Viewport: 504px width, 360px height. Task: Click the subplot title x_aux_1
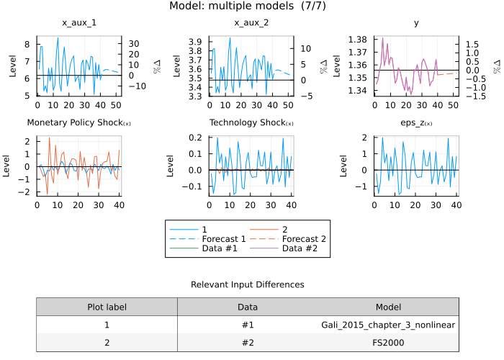79,23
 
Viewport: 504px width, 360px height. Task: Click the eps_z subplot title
415,122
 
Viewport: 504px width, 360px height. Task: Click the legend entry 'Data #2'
298,249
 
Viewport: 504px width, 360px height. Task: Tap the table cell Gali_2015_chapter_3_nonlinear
388,325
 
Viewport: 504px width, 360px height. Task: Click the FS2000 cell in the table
388,343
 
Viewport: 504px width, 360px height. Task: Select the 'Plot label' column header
107,307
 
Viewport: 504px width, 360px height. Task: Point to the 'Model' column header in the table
388,307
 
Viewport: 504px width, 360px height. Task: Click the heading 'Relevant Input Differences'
247,285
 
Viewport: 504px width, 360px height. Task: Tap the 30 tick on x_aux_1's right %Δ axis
134,44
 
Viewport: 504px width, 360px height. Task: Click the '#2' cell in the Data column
248,343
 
